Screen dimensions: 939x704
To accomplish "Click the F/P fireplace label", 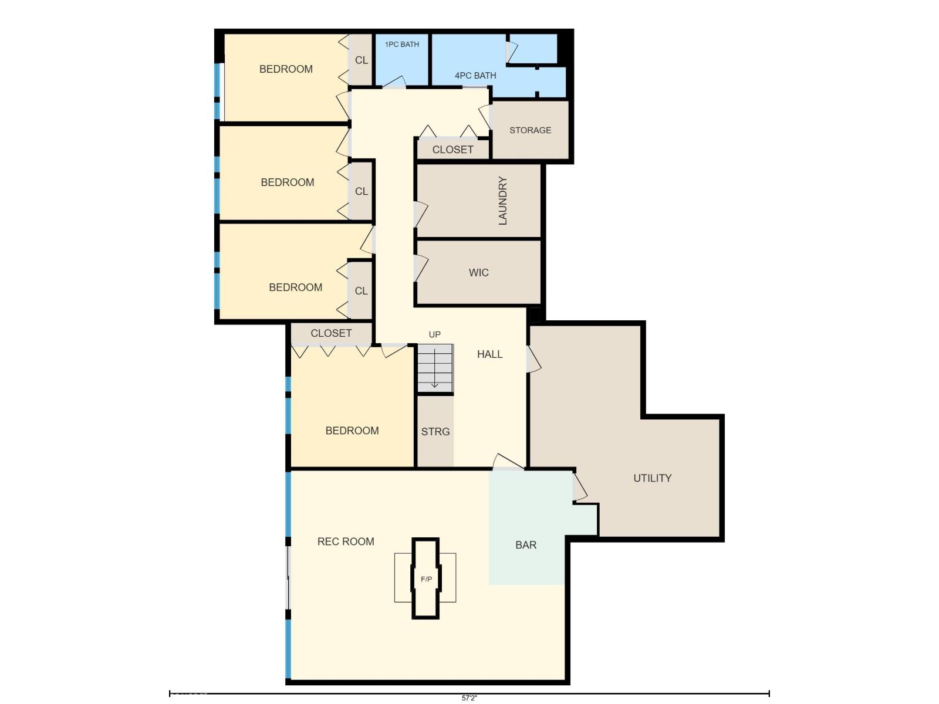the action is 426,579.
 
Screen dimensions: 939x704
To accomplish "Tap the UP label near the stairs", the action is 435,334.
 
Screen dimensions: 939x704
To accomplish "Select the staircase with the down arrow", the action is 435,368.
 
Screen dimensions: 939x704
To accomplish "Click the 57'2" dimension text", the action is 469,698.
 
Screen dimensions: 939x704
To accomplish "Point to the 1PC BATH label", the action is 401,45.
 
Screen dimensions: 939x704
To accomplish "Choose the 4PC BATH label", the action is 475,76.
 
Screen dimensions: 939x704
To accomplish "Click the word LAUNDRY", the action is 502,201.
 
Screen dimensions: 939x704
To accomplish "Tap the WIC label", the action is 478,273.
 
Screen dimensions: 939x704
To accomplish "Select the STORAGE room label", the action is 530,130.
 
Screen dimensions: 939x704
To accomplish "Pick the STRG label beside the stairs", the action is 435,432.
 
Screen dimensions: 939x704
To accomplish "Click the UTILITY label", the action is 653,478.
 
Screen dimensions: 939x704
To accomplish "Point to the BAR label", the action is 526,545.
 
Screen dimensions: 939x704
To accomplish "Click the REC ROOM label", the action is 346,541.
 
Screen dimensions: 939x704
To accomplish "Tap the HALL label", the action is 490,354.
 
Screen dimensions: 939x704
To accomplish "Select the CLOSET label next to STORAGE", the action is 452,150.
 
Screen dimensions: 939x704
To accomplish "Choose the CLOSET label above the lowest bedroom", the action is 331,333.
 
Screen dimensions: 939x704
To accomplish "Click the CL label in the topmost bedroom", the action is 362,60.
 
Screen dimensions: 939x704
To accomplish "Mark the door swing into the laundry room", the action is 420,214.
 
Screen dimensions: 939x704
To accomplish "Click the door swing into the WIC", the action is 421,268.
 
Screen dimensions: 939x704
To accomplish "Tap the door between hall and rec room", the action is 508,462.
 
